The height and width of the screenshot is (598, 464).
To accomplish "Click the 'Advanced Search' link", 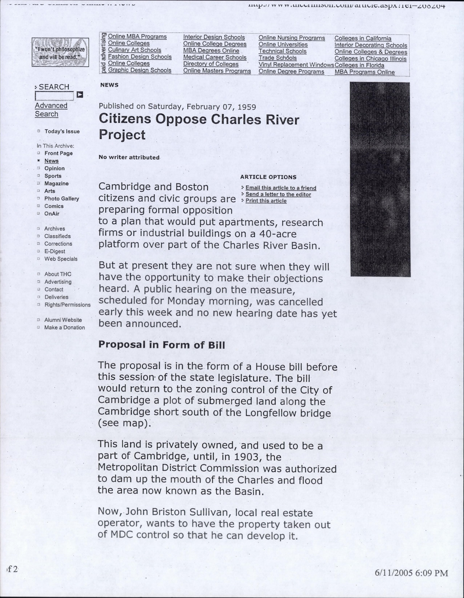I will click(51, 110).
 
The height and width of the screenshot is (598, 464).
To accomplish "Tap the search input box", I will click(54, 96).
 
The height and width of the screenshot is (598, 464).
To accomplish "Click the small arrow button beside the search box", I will click(80, 95).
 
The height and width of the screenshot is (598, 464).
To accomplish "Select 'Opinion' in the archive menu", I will click(54, 168).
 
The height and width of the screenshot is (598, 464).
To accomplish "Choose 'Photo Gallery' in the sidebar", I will click(61, 199).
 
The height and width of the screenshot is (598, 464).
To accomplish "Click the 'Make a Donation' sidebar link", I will click(64, 327).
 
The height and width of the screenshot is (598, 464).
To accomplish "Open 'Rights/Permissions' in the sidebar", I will click(67, 305).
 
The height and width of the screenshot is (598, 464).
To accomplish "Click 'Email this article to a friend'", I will click(280, 188).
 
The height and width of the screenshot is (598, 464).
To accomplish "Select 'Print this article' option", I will click(266, 201).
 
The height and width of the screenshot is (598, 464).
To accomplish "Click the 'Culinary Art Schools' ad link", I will click(135, 50).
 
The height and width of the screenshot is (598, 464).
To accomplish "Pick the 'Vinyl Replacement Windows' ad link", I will click(296, 65).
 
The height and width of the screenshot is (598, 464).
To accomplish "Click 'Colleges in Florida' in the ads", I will click(359, 65).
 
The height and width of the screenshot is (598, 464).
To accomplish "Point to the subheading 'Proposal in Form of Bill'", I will click(162, 344).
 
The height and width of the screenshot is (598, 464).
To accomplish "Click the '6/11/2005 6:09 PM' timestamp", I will click(411, 573).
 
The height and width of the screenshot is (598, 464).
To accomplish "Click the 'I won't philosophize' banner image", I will click(60, 52).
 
